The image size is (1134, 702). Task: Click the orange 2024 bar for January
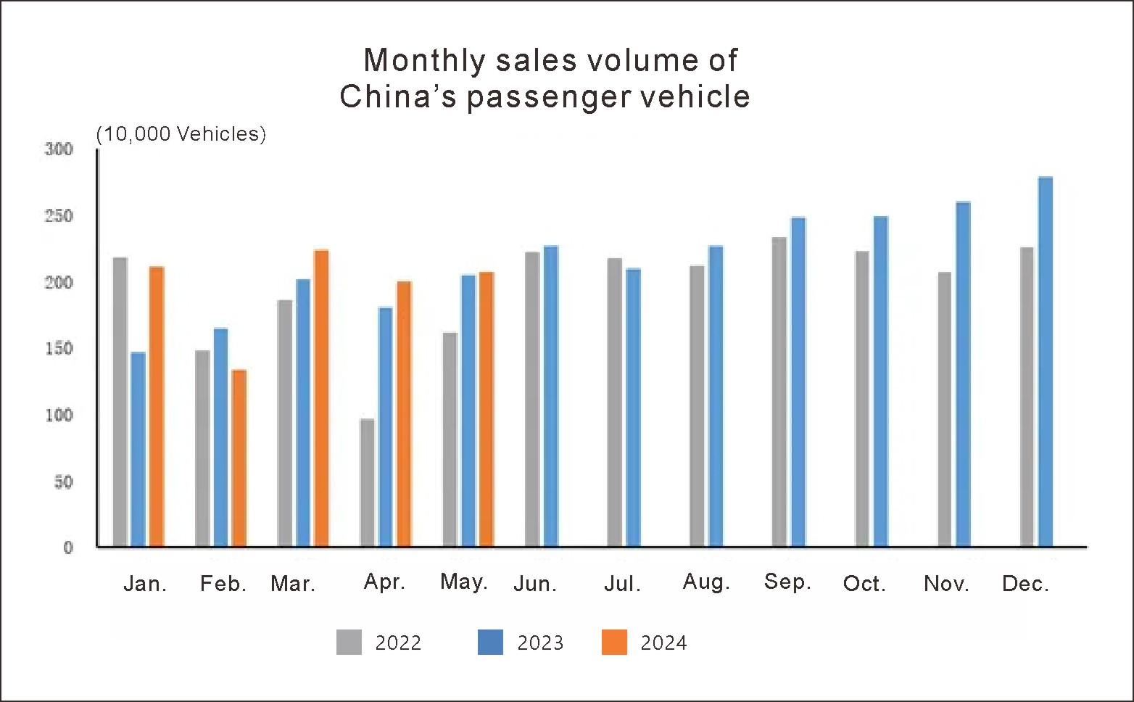tap(157, 406)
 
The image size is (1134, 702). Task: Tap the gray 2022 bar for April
tap(368, 482)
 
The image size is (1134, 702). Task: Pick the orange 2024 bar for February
tap(239, 458)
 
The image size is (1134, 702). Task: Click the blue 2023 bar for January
tap(138, 449)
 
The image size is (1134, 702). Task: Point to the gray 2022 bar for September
tap(779, 392)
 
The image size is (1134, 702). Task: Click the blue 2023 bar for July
tap(634, 407)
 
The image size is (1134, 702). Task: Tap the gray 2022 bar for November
tap(945, 409)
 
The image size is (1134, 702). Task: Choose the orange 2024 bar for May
tap(487, 409)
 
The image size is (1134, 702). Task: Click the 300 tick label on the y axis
tap(59, 149)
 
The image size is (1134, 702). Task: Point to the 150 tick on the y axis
tap(59, 349)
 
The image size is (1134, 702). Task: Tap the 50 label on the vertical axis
tap(64, 482)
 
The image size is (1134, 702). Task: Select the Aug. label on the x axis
tap(706, 582)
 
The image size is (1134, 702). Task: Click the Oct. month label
tap(864, 584)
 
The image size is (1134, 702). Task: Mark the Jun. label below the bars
tap(535, 584)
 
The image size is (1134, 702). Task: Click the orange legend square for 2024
tap(614, 643)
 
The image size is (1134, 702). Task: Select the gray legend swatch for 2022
tap(349, 643)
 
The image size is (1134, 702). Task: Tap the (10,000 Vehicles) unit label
tap(181, 134)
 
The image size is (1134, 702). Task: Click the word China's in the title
tap(398, 96)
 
